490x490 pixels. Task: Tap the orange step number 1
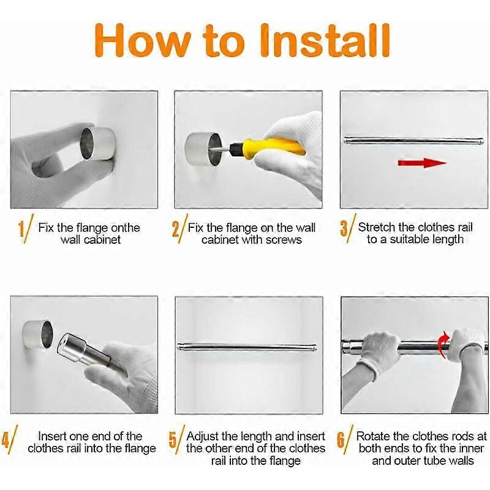click(x=21, y=229)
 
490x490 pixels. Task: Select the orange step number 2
click(x=176, y=229)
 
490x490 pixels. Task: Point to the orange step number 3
click(x=344, y=228)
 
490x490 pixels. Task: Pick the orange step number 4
click(x=6, y=440)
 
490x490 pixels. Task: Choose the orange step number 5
click(x=173, y=440)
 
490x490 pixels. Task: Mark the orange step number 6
click(x=341, y=440)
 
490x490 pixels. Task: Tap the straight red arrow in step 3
click(x=422, y=163)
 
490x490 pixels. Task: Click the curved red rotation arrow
click(x=443, y=344)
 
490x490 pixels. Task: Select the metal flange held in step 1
click(x=98, y=144)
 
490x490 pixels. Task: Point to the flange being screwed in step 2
click(x=203, y=149)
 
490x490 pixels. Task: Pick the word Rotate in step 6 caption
click(x=373, y=436)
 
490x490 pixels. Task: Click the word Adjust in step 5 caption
click(x=203, y=436)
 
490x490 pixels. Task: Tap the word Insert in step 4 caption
click(x=52, y=436)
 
